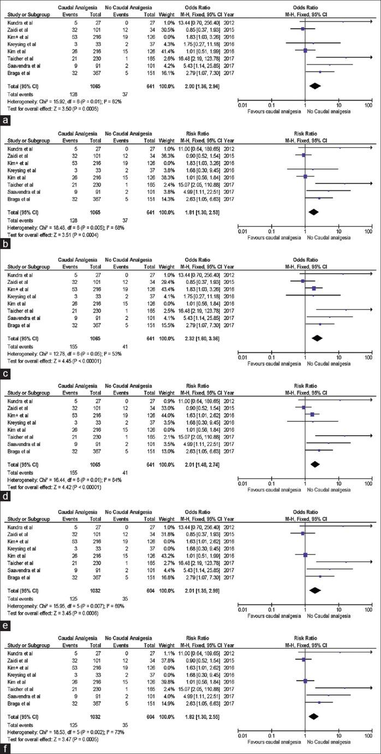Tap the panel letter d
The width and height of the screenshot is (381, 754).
pos(5,492)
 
